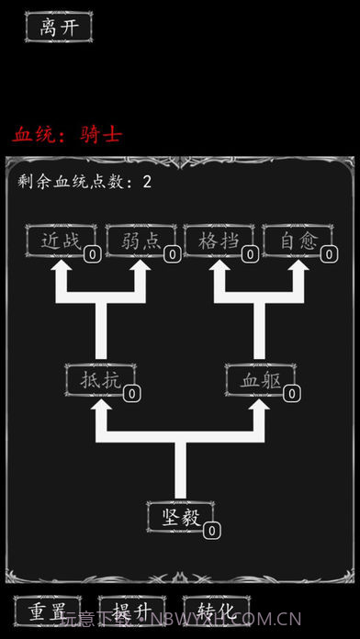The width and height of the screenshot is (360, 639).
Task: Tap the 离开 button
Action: coord(59,28)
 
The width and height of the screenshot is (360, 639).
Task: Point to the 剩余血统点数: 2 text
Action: coord(84,181)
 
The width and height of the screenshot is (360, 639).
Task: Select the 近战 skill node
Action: coord(60,241)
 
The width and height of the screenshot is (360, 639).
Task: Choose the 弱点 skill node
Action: coord(140,241)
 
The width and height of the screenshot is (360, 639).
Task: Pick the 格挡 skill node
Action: coord(218,241)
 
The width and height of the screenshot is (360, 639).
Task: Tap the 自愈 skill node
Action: coord(297,241)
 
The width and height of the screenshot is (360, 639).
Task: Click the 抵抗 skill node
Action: coord(99,378)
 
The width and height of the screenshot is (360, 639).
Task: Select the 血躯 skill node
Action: coord(259,378)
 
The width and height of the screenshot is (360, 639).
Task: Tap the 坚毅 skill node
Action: coord(179,516)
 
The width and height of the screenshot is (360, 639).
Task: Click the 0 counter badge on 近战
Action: coord(93,255)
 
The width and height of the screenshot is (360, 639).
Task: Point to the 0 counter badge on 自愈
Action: coord(329,255)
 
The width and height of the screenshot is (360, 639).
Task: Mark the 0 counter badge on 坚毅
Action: coord(211,531)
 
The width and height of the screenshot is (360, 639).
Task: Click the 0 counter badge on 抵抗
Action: coord(131,393)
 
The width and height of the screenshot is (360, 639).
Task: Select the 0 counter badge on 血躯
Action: coord(291,393)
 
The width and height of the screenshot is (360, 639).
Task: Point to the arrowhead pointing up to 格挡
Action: coord(219,271)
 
